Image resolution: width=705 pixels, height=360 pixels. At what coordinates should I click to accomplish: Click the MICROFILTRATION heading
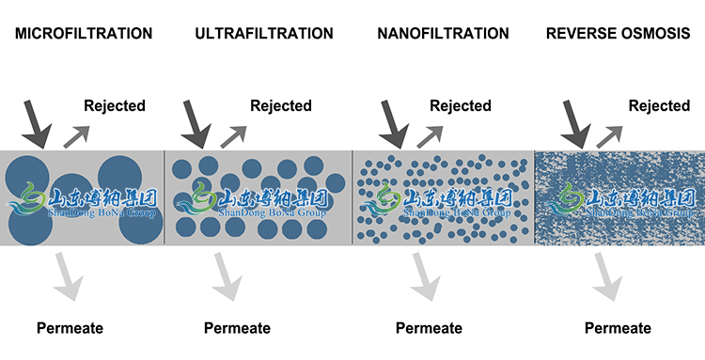pyautogui.click(x=83, y=34)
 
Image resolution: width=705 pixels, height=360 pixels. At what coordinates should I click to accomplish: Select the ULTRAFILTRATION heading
pyautogui.click(x=263, y=34)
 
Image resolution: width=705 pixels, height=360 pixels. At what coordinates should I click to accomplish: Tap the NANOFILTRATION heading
pyautogui.click(x=442, y=34)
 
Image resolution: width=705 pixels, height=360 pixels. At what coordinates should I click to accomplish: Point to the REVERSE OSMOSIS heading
pyautogui.click(x=619, y=34)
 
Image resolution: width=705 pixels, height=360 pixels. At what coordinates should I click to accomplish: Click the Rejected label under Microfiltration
pyautogui.click(x=115, y=105)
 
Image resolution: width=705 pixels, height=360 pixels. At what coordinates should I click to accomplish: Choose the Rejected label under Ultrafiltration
pyautogui.click(x=280, y=105)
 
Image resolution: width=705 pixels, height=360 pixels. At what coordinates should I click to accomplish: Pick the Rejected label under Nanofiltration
pyautogui.click(x=461, y=105)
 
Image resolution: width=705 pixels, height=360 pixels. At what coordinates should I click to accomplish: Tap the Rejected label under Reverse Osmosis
pyautogui.click(x=659, y=105)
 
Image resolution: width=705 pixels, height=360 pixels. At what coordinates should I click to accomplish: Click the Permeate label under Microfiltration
pyautogui.click(x=70, y=328)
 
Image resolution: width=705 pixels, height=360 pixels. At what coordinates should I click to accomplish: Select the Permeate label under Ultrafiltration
pyautogui.click(x=237, y=328)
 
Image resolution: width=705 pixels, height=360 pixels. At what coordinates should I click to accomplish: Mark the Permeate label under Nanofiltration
pyautogui.click(x=429, y=328)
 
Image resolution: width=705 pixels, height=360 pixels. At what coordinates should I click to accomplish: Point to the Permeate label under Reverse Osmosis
pyautogui.click(x=618, y=328)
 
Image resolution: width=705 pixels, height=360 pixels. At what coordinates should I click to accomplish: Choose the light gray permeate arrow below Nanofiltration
pyautogui.click(x=426, y=275)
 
